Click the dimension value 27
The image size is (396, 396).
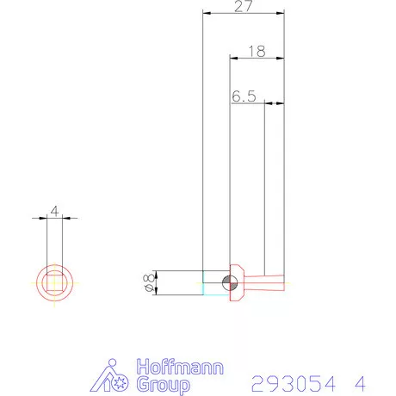click(244, 6)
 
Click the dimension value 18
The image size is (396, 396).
click(256, 51)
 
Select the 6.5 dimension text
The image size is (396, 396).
click(244, 96)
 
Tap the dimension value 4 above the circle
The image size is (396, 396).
click(54, 211)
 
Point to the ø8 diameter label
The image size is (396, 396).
click(150, 283)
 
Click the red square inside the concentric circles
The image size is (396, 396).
click(54, 283)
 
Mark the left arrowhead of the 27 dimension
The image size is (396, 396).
click(206, 12)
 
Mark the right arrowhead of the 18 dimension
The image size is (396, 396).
click(281, 58)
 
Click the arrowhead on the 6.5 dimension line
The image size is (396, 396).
click(268, 103)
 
